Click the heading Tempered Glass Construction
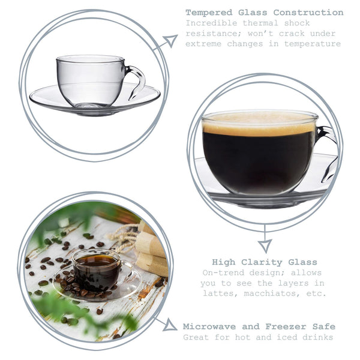tap(264, 12)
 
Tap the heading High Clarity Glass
tap(264, 262)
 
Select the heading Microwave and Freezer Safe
tap(259, 326)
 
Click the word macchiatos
tap(273, 293)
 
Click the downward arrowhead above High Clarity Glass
tap(265, 245)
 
